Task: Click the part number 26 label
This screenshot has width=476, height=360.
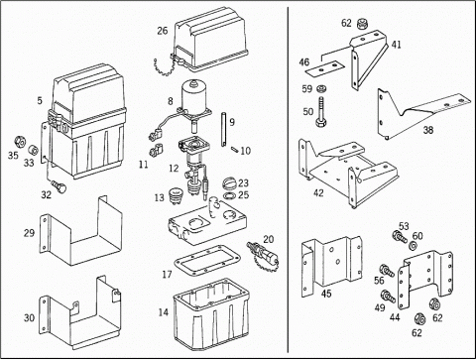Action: click(163, 31)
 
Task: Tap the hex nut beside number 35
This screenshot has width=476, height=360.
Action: click(20, 143)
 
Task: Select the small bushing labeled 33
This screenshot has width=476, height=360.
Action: click(33, 150)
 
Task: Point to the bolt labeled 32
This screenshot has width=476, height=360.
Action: click(59, 186)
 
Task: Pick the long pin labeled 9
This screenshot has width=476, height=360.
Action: click(224, 130)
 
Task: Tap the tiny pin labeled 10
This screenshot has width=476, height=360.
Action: click(234, 150)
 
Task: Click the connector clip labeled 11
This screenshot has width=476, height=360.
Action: click(157, 150)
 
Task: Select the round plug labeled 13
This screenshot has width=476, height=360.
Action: click(176, 196)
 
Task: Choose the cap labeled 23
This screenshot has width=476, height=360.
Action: click(229, 183)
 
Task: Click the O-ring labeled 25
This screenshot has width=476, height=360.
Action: click(229, 196)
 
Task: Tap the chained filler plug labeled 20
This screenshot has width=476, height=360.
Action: click(263, 255)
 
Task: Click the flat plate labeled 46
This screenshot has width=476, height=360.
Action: click(325, 67)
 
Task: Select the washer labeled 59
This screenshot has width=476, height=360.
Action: click(320, 89)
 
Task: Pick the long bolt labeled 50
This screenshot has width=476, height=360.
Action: click(321, 112)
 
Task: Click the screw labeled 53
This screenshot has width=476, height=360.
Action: click(400, 237)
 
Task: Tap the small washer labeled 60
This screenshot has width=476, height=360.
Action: click(414, 246)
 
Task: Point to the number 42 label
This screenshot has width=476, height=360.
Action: click(318, 192)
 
